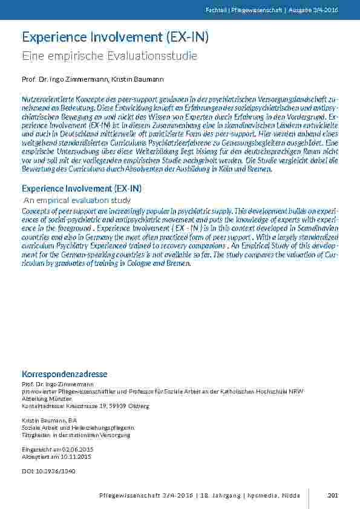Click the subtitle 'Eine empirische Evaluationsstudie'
tap(110, 56)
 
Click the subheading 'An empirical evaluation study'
tap(77, 200)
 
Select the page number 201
tap(332, 496)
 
